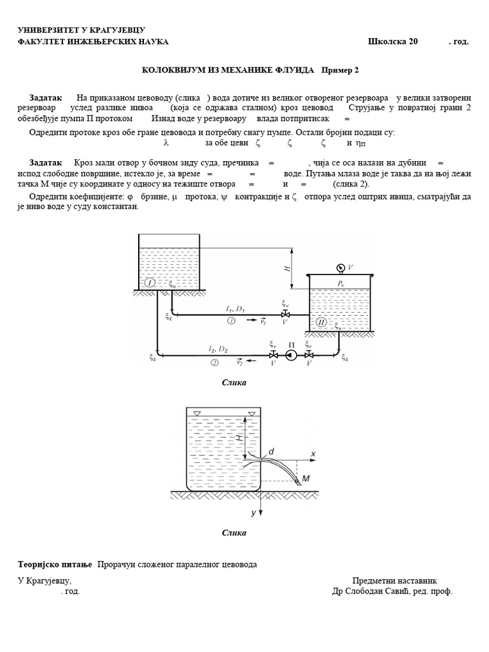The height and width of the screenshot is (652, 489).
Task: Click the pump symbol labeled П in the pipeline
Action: click(x=291, y=355)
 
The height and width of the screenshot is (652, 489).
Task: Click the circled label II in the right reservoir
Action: click(x=322, y=323)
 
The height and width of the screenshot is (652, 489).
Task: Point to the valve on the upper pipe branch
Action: click(x=286, y=315)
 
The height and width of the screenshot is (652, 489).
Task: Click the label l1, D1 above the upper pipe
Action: click(x=234, y=308)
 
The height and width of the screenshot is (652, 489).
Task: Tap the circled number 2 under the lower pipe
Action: click(x=215, y=363)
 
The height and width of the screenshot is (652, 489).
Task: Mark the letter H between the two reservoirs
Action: click(x=288, y=269)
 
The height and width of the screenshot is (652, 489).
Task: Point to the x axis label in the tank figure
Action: click(x=313, y=454)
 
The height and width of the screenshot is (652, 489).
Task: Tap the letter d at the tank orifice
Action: click(x=271, y=451)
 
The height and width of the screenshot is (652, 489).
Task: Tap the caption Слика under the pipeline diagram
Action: click(x=234, y=383)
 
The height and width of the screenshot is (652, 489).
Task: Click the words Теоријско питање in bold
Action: click(x=55, y=565)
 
